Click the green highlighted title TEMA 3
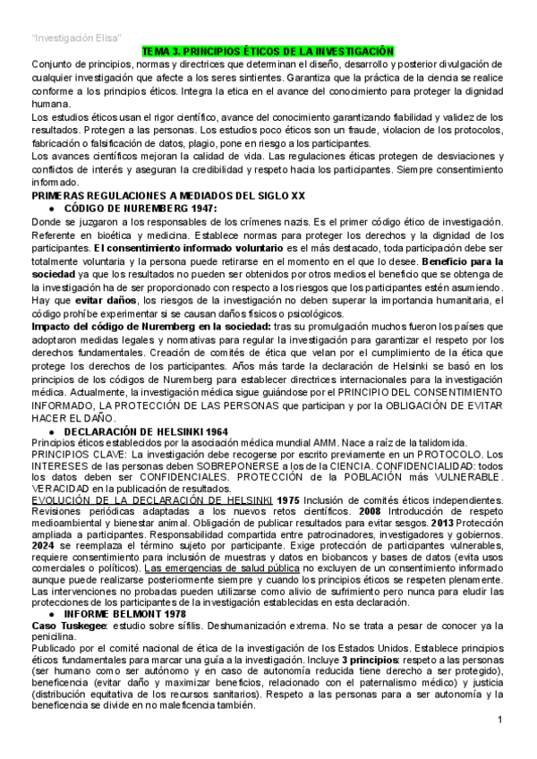[268, 54]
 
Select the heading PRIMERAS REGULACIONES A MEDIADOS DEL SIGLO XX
[168, 193]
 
